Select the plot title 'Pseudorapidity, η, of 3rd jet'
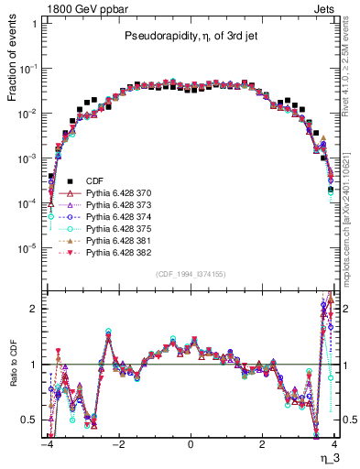click(190, 38)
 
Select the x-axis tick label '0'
click(190, 443)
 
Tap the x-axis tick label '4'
click(334, 443)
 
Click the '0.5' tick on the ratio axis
click(31, 420)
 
